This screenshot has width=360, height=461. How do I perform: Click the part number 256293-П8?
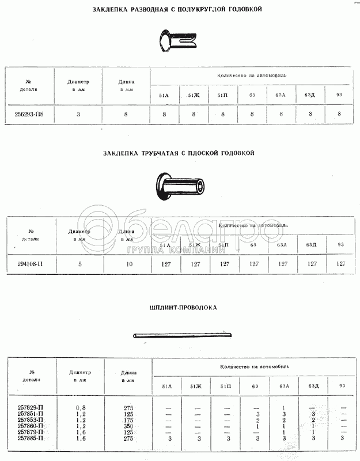(29, 114)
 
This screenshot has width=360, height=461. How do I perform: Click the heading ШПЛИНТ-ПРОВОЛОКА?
(183, 308)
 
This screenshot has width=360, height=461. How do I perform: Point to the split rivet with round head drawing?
(177, 41)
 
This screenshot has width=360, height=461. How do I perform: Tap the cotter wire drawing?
(182, 335)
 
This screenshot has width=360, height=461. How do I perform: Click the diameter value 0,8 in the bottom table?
(80, 408)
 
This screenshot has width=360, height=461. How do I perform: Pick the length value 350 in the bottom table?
(128, 427)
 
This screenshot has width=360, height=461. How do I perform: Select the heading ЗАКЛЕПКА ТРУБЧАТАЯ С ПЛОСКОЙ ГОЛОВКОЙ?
(179, 153)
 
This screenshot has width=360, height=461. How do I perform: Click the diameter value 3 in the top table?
(78, 114)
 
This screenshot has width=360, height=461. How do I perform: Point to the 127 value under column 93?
(340, 264)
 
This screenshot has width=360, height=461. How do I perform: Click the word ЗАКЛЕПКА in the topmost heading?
(114, 10)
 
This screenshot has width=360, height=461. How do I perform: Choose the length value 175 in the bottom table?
(128, 421)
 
